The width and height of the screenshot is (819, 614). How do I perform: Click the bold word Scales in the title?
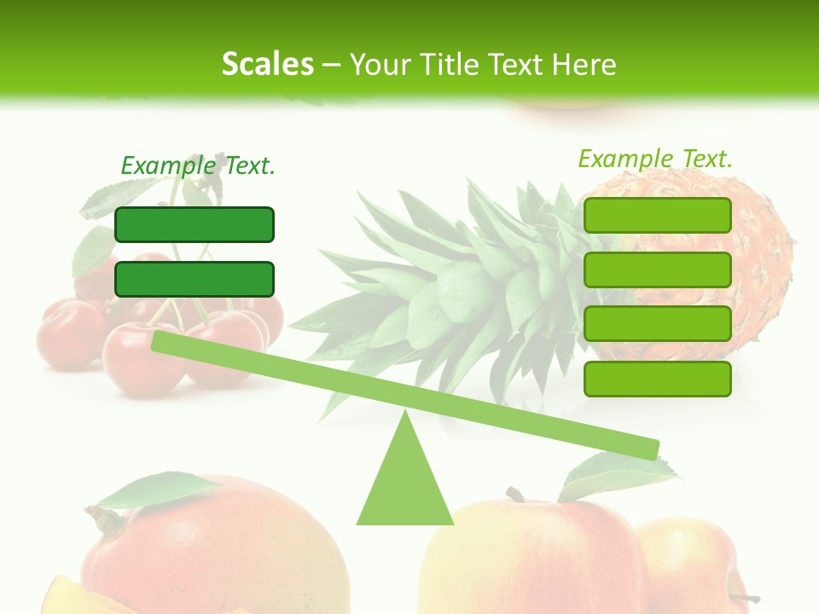click(x=267, y=64)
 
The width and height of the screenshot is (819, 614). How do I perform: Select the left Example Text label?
click(x=198, y=165)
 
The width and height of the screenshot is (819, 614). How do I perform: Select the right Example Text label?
click(x=655, y=159)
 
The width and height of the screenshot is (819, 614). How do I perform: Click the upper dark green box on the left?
click(x=195, y=224)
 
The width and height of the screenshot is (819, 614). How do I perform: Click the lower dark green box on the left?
click(x=195, y=279)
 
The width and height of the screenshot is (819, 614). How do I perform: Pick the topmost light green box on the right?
click(x=657, y=215)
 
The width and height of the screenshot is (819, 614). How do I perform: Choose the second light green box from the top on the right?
click(x=657, y=269)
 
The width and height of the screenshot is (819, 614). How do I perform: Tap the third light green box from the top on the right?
click(x=657, y=324)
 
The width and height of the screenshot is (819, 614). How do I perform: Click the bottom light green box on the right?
click(x=657, y=379)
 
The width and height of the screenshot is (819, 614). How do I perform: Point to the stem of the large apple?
click(x=514, y=495)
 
